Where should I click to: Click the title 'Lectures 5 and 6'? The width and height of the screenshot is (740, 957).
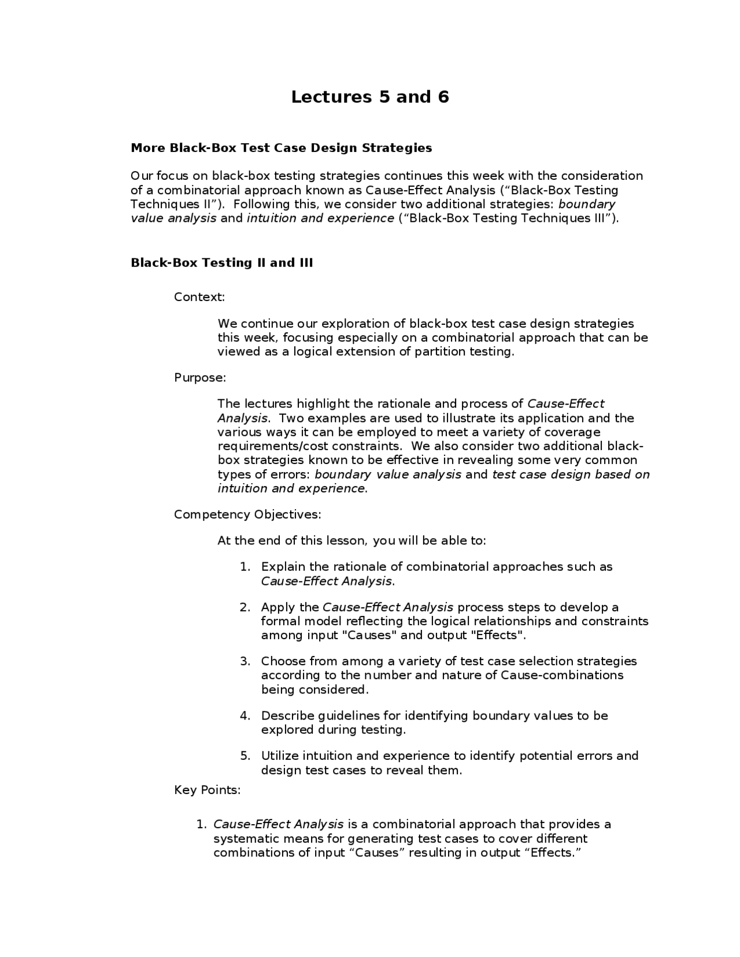[369, 97]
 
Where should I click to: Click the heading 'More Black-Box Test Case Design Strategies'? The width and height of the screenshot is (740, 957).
[281, 148]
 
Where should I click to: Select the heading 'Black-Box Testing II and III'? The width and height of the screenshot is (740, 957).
[222, 263]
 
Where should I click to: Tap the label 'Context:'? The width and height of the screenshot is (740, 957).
[199, 297]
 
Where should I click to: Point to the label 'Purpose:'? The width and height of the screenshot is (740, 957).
[200, 378]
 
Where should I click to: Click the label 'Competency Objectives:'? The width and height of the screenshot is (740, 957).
[247, 514]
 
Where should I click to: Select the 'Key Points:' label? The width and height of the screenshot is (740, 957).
[207, 790]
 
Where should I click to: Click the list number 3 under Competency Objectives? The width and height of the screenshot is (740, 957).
[245, 661]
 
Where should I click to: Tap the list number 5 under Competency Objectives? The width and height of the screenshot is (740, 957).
[245, 756]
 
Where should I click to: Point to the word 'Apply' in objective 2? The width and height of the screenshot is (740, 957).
[277, 607]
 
